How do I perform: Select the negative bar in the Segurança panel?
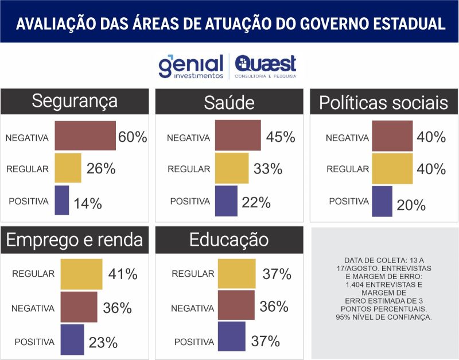85,136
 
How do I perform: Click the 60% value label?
133,137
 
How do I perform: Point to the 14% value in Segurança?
87,203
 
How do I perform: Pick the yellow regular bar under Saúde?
232,168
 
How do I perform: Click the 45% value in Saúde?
281,137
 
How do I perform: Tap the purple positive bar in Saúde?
226,201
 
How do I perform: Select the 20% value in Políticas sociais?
411,205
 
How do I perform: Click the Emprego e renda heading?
74,240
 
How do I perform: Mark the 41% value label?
123,274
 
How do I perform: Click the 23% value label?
103,343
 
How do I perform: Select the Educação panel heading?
228,240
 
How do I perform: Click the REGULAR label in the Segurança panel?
28,169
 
